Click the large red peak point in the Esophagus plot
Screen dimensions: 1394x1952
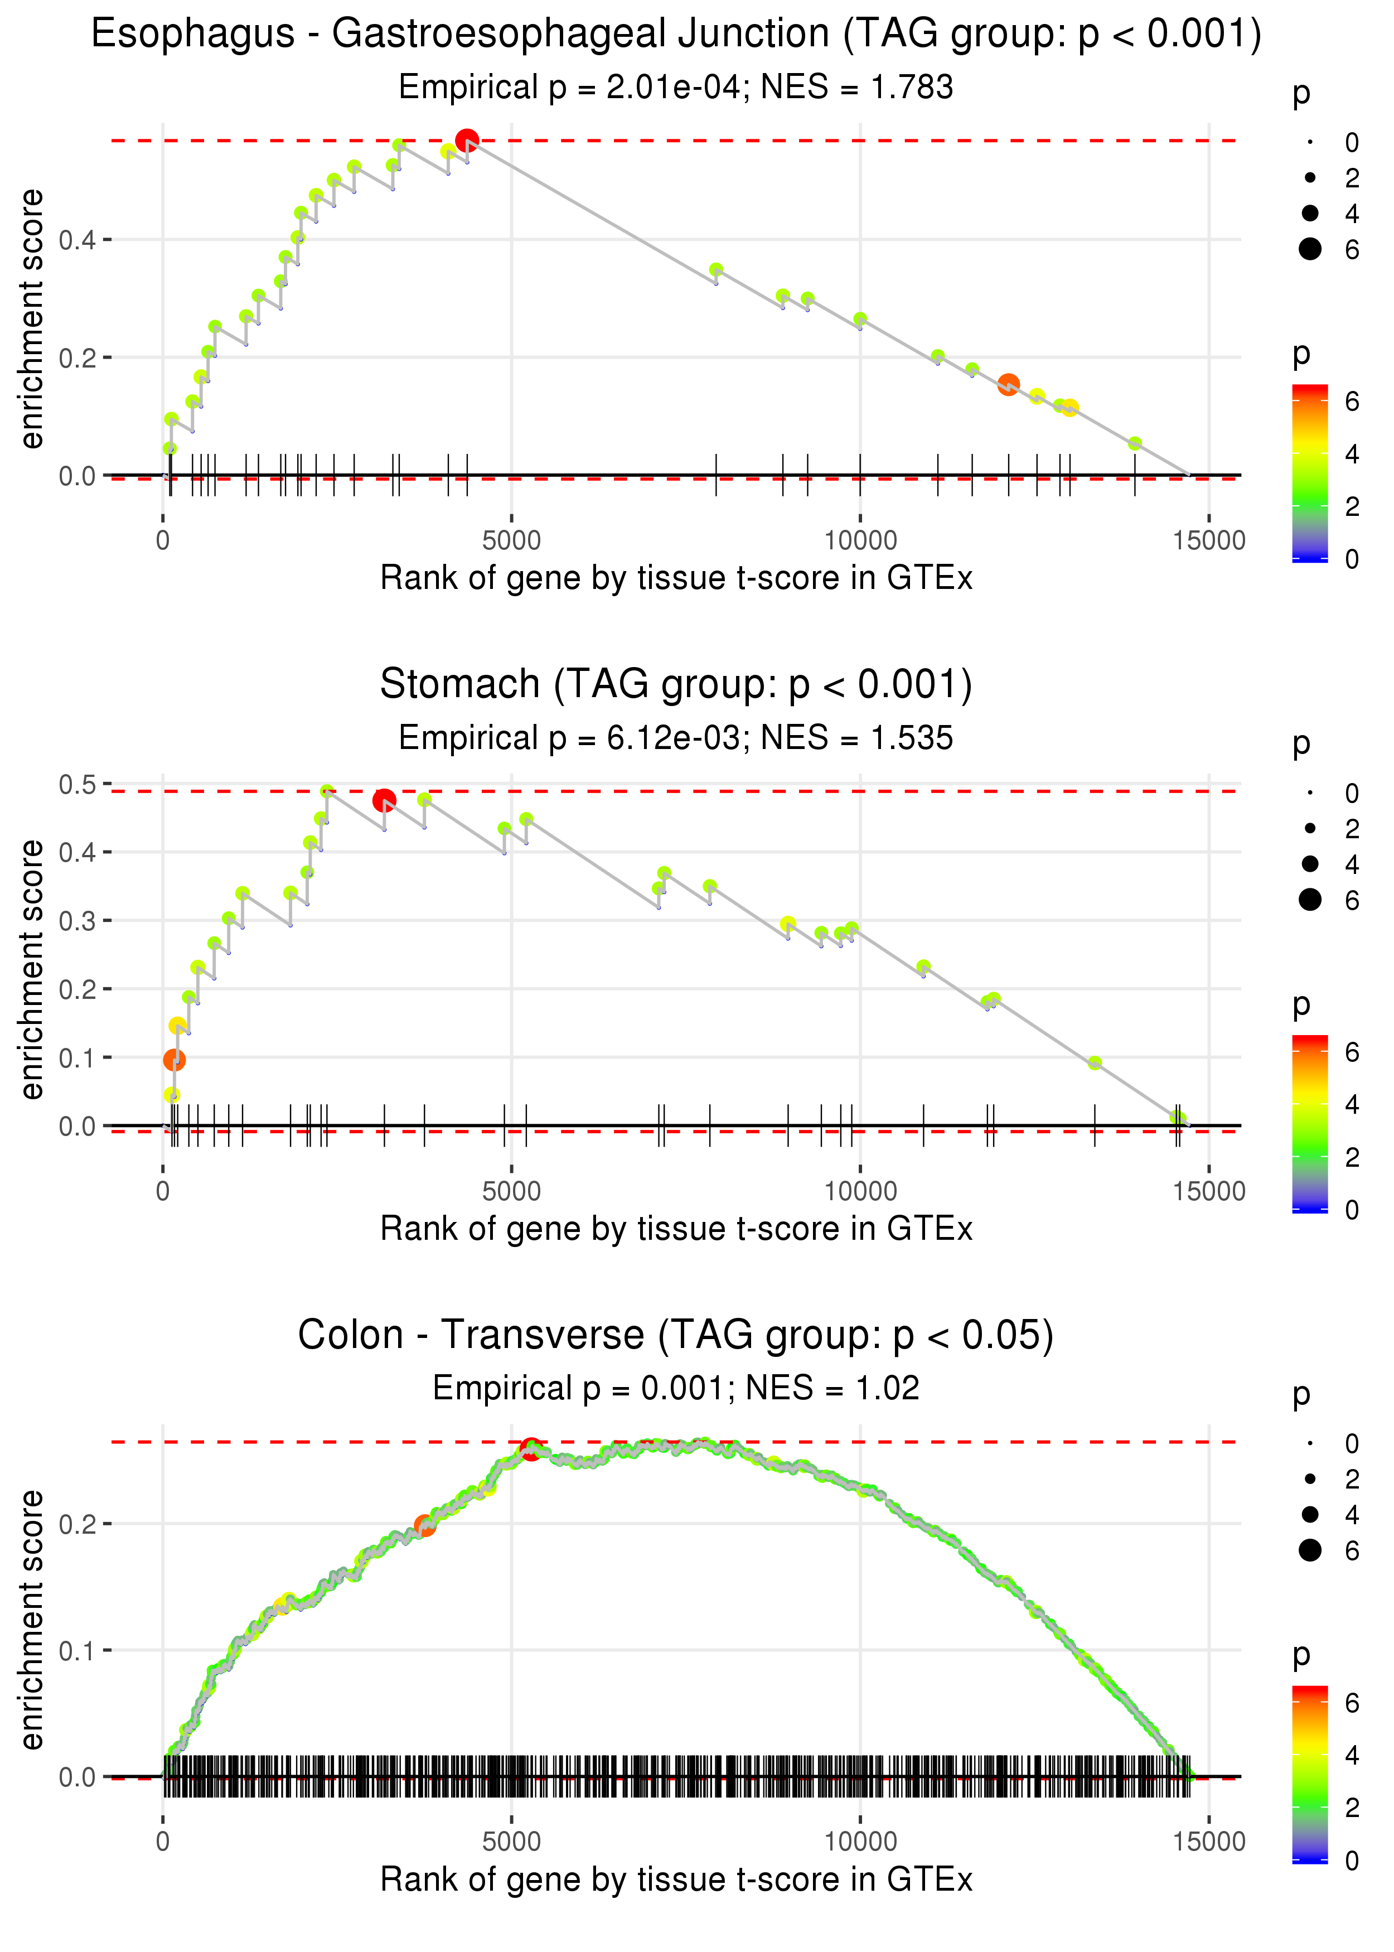[467, 141]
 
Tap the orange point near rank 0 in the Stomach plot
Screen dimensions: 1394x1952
[174, 1060]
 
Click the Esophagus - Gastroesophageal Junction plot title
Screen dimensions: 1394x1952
[676, 35]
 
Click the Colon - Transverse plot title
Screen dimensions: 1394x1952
[676, 1336]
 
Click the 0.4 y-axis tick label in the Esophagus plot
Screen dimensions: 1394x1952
[78, 239]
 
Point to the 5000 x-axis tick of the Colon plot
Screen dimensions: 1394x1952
[511, 1841]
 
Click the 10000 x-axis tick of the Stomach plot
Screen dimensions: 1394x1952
[860, 1191]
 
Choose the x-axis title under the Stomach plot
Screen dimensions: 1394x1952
[676, 1229]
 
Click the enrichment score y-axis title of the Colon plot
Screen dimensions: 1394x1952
[32, 1621]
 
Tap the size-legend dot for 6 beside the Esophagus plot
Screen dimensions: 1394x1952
[1310, 249]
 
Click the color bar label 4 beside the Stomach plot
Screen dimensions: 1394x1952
[1352, 1105]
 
